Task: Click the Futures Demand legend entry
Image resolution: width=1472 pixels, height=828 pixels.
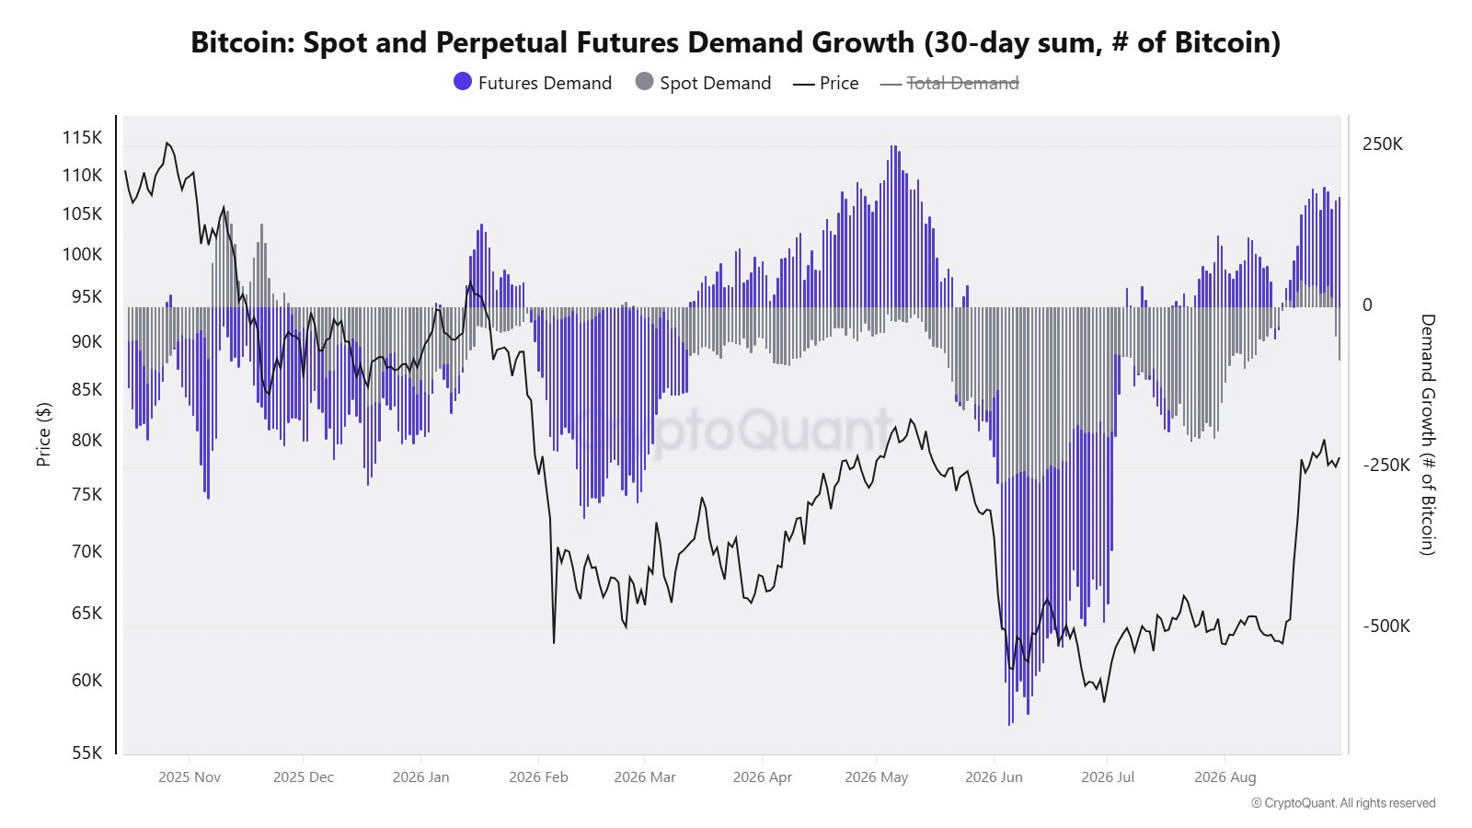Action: [533, 83]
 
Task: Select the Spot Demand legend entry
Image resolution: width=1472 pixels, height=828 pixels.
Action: [703, 83]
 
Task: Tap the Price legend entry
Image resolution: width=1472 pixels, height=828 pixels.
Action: [826, 83]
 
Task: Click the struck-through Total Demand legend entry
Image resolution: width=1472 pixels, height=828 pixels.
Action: [949, 83]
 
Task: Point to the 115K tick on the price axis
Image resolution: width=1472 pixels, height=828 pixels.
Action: [82, 137]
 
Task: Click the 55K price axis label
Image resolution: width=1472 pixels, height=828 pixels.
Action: [86, 753]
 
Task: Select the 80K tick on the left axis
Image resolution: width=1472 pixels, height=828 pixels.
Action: [86, 440]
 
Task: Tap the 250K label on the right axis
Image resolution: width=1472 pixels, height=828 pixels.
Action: [1383, 144]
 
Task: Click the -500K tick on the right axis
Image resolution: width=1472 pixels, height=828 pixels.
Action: [1386, 626]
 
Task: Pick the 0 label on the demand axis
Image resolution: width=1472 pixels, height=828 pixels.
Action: [1367, 305]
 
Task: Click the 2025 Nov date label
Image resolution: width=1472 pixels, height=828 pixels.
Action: [190, 777]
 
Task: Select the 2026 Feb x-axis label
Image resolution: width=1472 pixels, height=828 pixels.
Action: [538, 777]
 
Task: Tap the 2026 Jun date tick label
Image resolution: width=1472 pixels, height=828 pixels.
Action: [994, 777]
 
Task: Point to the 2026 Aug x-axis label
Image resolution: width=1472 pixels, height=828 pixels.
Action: [1225, 777]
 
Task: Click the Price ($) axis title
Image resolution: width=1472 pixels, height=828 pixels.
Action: [43, 434]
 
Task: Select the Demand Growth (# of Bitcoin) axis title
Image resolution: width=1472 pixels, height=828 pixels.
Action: [1427, 434]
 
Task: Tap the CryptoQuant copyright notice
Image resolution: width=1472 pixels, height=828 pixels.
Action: [1343, 803]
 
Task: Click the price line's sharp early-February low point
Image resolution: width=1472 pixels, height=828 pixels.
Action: [554, 643]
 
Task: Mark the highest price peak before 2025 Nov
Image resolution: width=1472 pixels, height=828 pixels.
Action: [167, 143]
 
